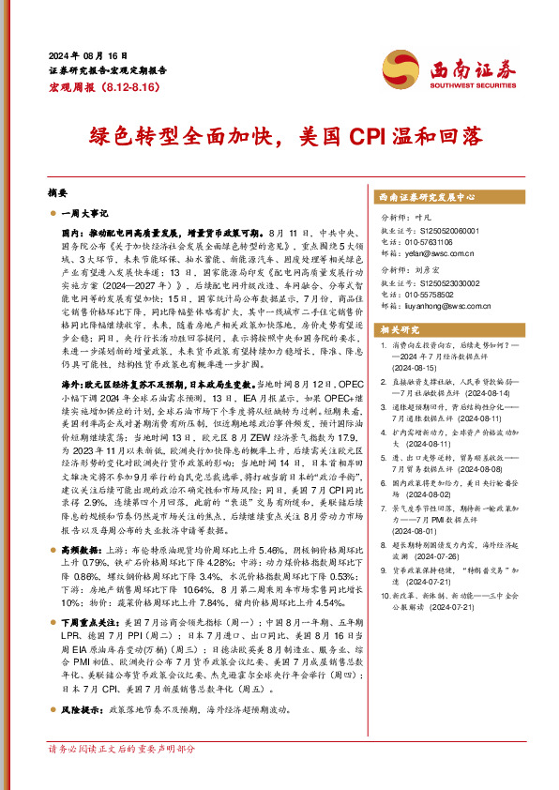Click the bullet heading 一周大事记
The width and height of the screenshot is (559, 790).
pyautogui.click(x=86, y=214)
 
